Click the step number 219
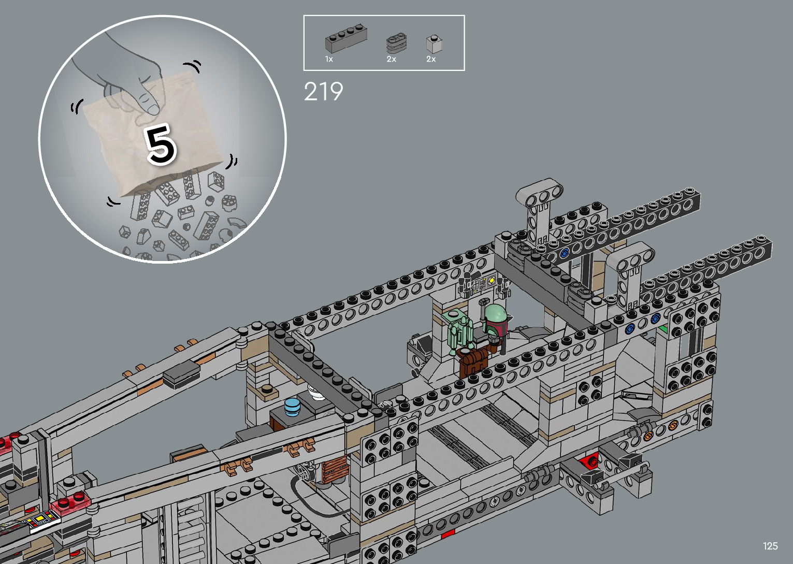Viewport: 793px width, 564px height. pyautogui.click(x=323, y=91)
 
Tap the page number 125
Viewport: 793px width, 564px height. pyautogui.click(x=770, y=545)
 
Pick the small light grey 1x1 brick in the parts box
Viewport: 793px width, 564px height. pyautogui.click(x=434, y=45)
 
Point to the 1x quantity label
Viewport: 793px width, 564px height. pyautogui.click(x=329, y=59)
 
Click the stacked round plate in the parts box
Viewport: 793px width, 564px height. pyautogui.click(x=396, y=44)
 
